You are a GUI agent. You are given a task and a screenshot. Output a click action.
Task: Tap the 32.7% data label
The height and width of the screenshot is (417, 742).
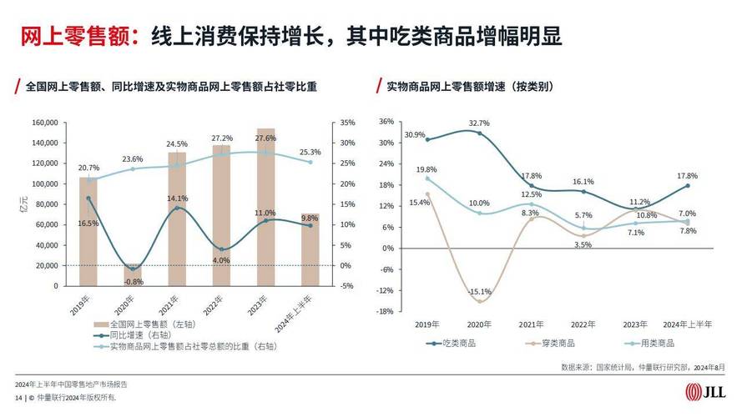pyautogui.click(x=479, y=123)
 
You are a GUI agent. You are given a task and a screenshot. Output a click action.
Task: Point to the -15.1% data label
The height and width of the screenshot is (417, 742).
pyautogui.click(x=479, y=292)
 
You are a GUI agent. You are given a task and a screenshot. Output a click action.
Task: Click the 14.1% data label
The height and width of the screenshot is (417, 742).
pyautogui.click(x=177, y=198)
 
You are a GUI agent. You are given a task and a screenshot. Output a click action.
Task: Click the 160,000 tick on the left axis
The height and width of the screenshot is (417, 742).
pyautogui.click(x=44, y=123)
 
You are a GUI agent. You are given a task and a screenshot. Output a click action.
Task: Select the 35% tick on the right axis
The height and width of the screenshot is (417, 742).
pyautogui.click(x=348, y=123)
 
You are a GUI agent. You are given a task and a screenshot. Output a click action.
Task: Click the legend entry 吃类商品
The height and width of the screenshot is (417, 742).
pyautogui.click(x=450, y=343)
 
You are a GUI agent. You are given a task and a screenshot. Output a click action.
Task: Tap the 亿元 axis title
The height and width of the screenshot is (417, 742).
pyautogui.click(x=24, y=208)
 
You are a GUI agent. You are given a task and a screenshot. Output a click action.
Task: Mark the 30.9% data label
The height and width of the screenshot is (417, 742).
pyautogui.click(x=415, y=135)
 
